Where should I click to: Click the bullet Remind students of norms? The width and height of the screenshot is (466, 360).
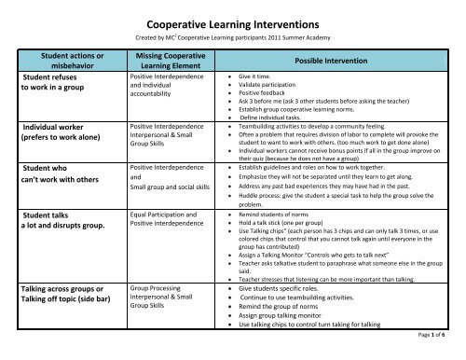tap(280, 215)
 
